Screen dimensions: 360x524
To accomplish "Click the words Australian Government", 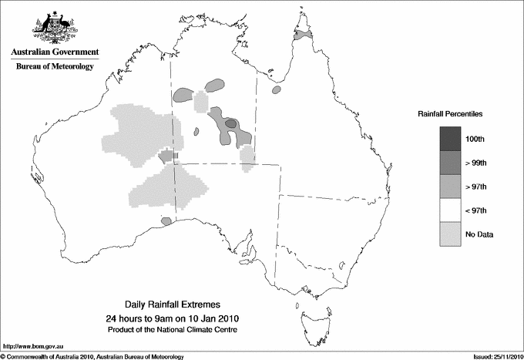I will [54, 52].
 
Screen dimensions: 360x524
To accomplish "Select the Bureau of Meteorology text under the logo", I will [54, 67].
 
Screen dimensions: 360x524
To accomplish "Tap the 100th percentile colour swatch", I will [450, 139].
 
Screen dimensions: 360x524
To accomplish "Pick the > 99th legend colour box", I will [450, 163].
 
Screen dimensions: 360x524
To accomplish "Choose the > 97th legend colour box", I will [450, 187].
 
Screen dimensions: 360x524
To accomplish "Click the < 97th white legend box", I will [450, 210].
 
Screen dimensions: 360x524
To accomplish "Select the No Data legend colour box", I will [450, 234].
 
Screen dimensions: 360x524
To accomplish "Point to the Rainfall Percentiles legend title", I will [450, 114].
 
